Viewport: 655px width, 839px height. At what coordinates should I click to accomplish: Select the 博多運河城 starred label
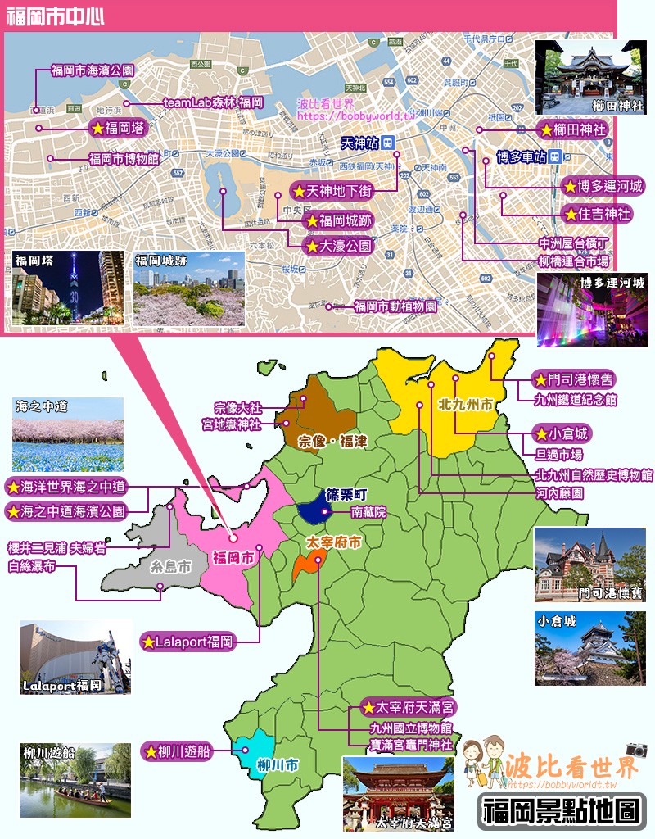coord(603,186)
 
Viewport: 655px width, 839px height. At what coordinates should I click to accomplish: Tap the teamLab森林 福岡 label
coord(213,102)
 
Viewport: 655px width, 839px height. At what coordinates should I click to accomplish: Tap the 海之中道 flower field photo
coord(67,434)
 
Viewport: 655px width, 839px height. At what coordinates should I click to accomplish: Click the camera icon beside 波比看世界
coord(637,750)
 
